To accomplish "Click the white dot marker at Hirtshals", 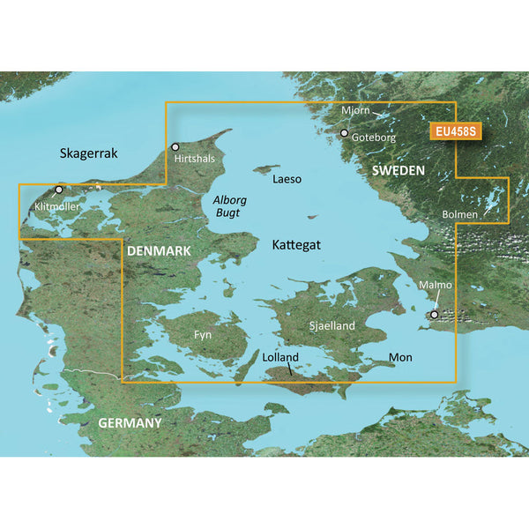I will pos(175,147).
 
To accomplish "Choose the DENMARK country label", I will pos(160,252).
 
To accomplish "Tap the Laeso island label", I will pos(287,179).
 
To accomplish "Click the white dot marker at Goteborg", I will pos(345,134).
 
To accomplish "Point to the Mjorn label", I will pos(356,112).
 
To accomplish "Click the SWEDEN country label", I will pos(398,169).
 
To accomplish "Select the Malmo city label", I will pos(436,286).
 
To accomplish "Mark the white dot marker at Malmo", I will pos(433,314).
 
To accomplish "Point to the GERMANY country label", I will pos(130,423).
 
